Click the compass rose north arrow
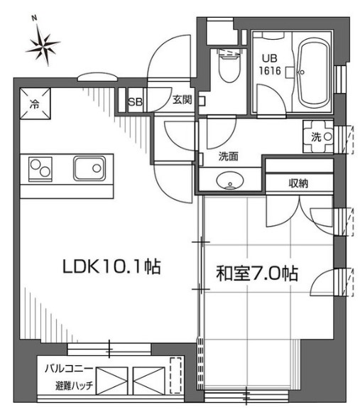coord(43,43)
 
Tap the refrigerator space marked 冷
coord(36,104)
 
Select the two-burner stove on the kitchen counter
coord(40,169)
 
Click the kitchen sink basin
coord(89,168)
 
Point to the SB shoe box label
coord(135,102)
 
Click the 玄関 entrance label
coord(182,100)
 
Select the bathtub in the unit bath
coord(314,73)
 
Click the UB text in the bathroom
coord(270,58)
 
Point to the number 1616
coord(270,71)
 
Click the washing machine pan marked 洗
coord(318,136)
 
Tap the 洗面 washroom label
coord(229,156)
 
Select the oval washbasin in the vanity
coord(230,180)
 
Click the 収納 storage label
coord(298,183)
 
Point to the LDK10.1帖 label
coord(111,266)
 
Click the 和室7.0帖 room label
coord(257,273)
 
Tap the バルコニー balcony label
coord(69,369)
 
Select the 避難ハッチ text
coord(75,386)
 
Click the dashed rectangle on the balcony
coord(175,375)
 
